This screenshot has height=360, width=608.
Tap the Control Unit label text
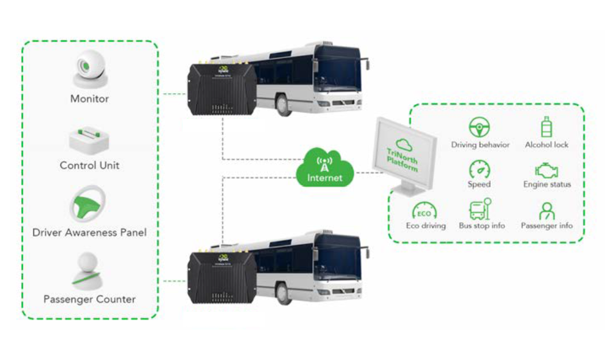tap(90, 166)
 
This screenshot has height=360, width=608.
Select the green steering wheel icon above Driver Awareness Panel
tap(89, 204)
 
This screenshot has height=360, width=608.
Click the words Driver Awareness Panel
tap(89, 232)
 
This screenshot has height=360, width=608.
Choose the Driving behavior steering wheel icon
tap(479, 127)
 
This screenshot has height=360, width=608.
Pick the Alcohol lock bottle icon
tap(546, 127)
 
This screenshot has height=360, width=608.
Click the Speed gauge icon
tap(479, 169)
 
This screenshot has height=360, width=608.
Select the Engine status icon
tap(546, 170)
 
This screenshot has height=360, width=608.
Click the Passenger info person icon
tap(546, 211)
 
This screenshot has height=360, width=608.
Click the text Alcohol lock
tap(546, 145)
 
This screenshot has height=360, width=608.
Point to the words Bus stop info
tap(481, 226)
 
